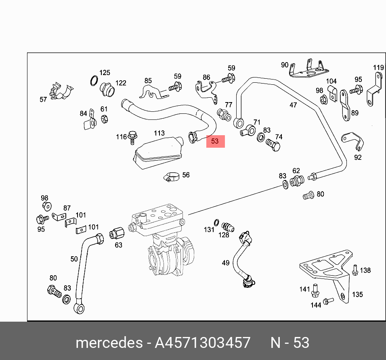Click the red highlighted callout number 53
215,141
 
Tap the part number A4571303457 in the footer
203,343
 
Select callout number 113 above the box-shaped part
159,133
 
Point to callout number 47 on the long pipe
293,105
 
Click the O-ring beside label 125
94,81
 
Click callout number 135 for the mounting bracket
357,295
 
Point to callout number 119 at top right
378,67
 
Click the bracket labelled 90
309,69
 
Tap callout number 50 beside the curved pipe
74,259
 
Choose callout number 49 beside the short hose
226,263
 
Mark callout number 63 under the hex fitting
118,245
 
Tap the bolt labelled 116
132,137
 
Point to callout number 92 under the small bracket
358,157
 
